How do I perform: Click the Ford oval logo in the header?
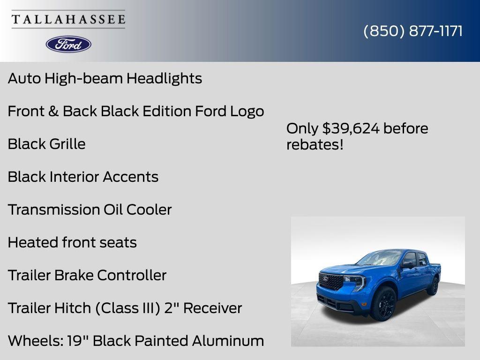[x=68, y=44]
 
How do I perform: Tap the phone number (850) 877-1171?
[x=413, y=31]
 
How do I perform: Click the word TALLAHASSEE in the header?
[x=68, y=19]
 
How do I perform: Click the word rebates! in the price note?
[x=315, y=144]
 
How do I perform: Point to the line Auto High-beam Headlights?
[x=105, y=78]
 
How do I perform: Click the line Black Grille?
[x=46, y=144]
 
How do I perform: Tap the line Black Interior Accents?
[x=83, y=177]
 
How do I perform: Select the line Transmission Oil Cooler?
[x=90, y=210]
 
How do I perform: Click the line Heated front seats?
[x=72, y=242]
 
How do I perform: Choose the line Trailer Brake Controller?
[x=87, y=275]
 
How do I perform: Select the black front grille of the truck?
[x=330, y=281]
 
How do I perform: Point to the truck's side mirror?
[x=407, y=265]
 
